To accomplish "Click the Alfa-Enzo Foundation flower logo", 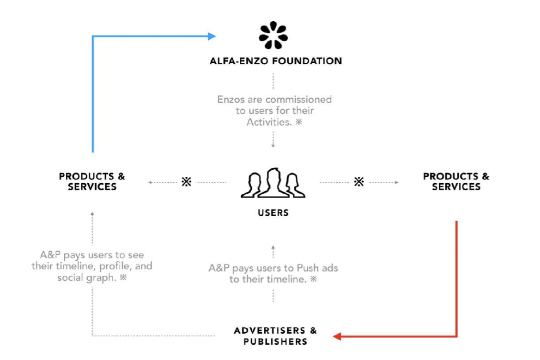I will [x=273, y=35].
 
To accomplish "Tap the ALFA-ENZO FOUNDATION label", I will [x=276, y=60].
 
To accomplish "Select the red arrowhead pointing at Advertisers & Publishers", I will [x=337, y=336].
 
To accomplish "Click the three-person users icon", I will [x=273, y=183].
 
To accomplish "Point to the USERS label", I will [x=273, y=213].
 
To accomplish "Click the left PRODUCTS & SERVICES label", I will [x=92, y=181].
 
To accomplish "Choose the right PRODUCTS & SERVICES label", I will [x=456, y=181].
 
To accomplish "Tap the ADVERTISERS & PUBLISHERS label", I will [x=276, y=336].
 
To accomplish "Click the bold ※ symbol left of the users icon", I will [x=186, y=182].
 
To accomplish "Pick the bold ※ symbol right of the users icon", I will [x=359, y=182].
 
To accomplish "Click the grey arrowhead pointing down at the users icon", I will [x=273, y=146].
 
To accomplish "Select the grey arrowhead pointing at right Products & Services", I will [x=396, y=182].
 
